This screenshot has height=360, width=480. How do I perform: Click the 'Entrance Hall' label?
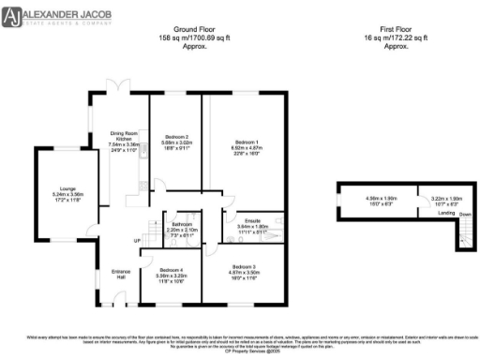coord(120,274)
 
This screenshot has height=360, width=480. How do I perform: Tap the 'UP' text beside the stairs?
coord(138,241)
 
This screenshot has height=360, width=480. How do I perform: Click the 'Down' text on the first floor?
coord(464,213)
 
